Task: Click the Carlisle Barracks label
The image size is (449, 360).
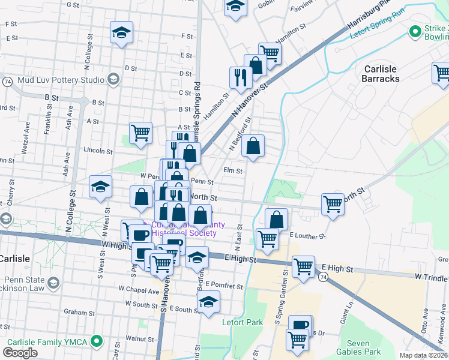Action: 381,73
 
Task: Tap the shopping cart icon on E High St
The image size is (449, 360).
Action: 304,266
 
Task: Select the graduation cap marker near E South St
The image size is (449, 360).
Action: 208,301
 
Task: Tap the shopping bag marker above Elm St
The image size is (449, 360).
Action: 253,146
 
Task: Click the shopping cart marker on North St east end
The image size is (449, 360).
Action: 333,204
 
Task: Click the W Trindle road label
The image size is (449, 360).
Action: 431,278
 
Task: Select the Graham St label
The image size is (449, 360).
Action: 76,313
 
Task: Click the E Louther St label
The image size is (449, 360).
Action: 306,235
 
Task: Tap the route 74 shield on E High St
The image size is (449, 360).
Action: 324,277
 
